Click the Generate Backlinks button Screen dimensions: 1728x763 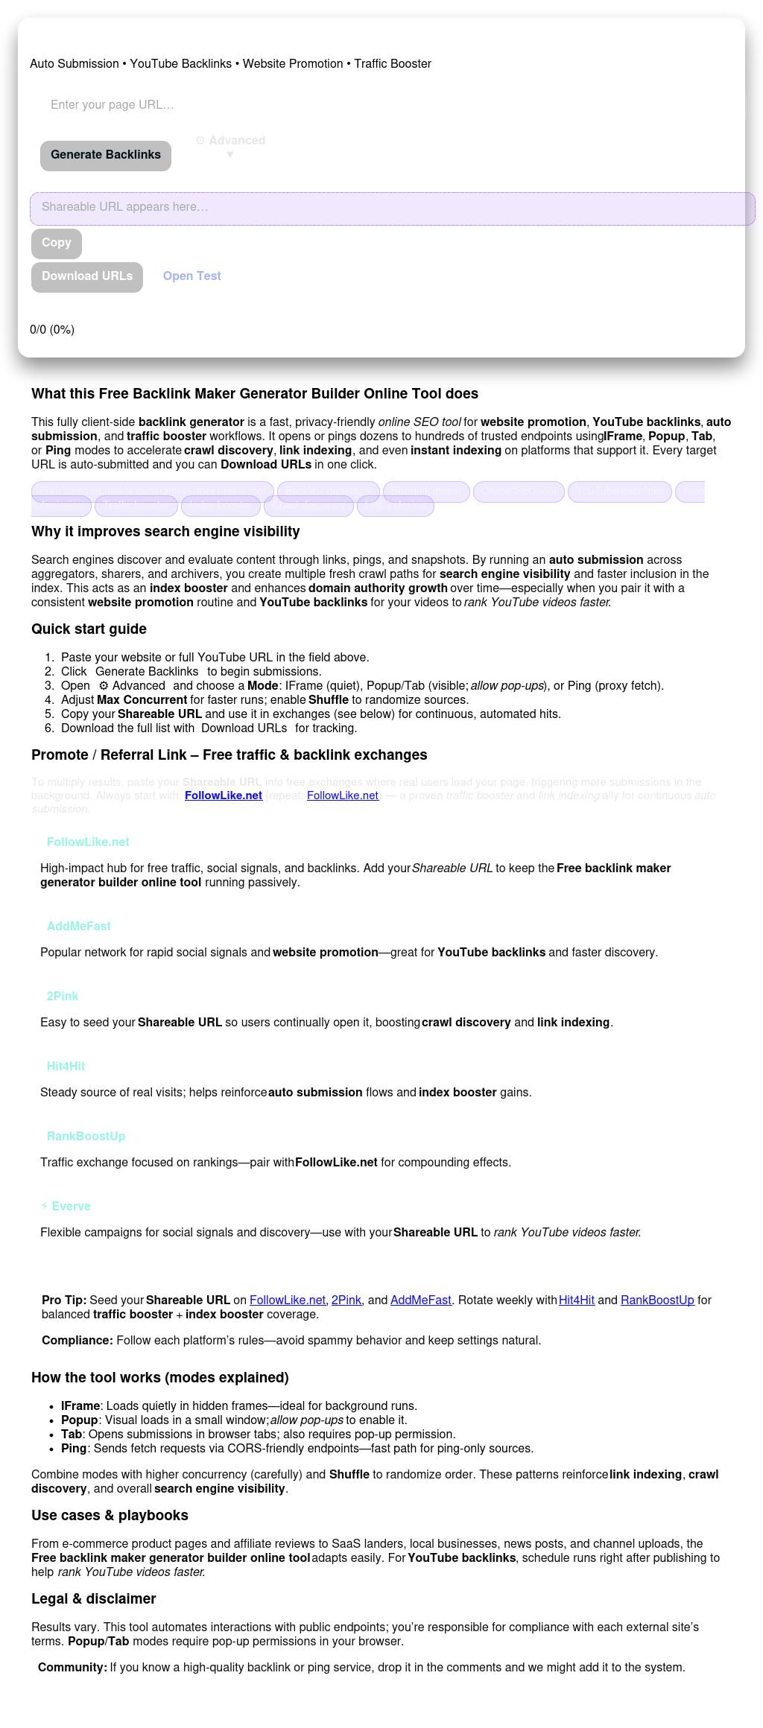tap(106, 155)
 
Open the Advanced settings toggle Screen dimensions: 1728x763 tap(230, 142)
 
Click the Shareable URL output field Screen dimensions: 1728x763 tap(392, 208)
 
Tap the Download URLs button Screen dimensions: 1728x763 tap(87, 276)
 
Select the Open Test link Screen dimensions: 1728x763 tap(192, 276)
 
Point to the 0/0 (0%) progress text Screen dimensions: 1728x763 tap(52, 330)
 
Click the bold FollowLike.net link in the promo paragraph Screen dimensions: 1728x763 tap(224, 795)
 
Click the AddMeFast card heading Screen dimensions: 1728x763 tap(78, 927)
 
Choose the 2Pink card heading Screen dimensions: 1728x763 tap(63, 997)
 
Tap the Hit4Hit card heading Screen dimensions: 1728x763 tap(66, 1067)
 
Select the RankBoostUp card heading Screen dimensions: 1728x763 tap(86, 1137)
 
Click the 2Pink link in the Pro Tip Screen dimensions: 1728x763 tap(346, 1300)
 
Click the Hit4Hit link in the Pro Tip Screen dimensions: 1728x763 tap(577, 1300)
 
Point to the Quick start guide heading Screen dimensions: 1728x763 tap(89, 629)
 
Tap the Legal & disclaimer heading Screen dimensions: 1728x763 tap(93, 1599)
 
